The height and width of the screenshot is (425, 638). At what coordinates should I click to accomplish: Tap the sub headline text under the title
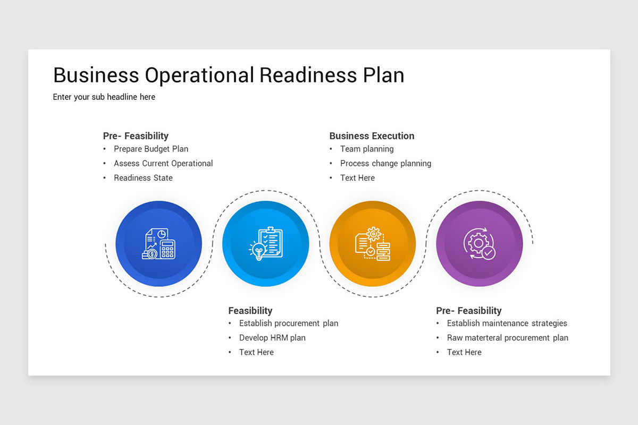[104, 97]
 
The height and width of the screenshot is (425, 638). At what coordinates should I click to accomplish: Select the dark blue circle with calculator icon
[158, 244]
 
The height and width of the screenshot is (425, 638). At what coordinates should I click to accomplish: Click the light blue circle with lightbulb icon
[265, 244]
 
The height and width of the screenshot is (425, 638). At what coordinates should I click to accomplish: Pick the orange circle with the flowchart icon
[372, 244]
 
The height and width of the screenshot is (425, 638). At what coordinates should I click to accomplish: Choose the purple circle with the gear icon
[479, 244]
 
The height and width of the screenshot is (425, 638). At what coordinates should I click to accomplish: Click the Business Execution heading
[372, 136]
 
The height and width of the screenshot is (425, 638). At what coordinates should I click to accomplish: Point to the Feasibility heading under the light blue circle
[250, 311]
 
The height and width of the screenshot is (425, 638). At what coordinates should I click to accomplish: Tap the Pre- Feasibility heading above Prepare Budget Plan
[136, 136]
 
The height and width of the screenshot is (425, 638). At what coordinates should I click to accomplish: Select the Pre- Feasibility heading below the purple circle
[468, 311]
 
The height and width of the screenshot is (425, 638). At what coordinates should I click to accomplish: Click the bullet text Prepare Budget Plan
[151, 149]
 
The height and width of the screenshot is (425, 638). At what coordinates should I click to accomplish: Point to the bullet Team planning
[367, 149]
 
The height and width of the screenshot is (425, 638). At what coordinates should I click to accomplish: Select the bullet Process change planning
[385, 164]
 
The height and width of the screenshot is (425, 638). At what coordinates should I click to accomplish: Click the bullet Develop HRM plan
[272, 338]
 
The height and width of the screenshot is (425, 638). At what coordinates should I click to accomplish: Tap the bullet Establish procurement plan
[289, 324]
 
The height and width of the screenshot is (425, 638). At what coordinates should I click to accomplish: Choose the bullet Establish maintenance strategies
[507, 324]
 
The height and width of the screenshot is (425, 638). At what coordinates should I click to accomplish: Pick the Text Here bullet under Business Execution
[357, 178]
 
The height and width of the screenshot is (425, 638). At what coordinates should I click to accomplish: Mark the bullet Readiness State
[143, 178]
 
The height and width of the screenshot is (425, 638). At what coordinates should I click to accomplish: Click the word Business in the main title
[96, 75]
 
